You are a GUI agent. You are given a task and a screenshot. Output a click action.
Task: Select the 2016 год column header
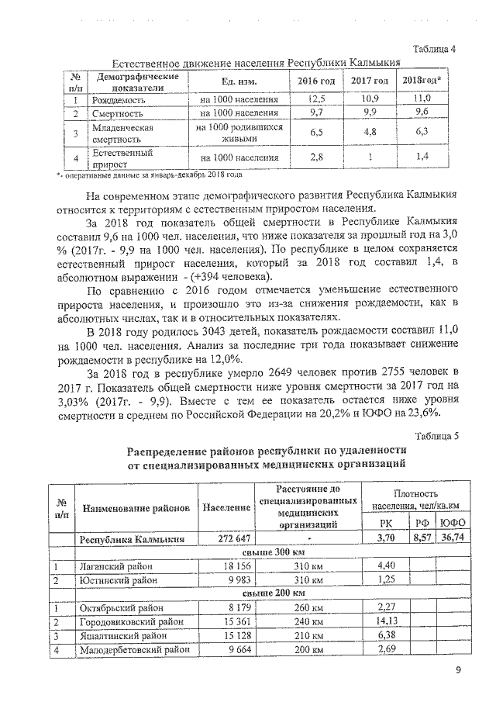pos(316,81)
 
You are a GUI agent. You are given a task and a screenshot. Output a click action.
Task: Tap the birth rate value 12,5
pos(316,99)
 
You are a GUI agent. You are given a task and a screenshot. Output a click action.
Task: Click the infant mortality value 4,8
pos(369,133)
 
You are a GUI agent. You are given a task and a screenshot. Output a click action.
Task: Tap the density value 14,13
pos(387,621)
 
